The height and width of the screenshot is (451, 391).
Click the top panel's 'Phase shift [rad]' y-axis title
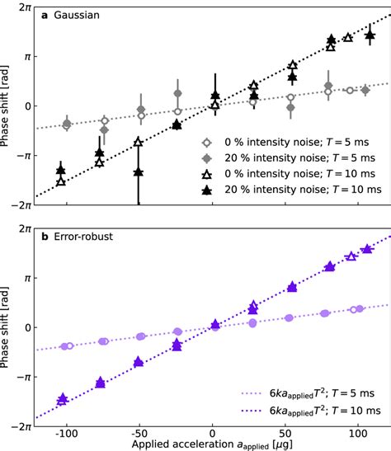pos(7,106)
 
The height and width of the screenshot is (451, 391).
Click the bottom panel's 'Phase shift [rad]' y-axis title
pos(7,327)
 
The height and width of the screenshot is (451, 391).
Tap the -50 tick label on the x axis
pos(137,432)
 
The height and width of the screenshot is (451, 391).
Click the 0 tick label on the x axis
pos(213,432)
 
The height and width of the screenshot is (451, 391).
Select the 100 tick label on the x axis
pos(359,432)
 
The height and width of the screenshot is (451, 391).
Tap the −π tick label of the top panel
pos(21,154)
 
